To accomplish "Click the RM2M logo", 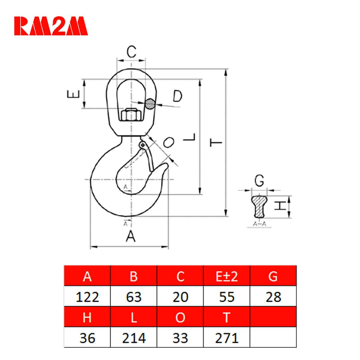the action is [51, 26].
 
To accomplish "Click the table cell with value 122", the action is [87, 297].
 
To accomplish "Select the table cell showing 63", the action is [133, 297].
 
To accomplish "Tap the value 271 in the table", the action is [226, 338].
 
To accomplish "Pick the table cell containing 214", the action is [133, 338].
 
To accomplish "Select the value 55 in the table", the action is [226, 297].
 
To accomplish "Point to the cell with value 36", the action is [87, 338].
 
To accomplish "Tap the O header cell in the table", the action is [180, 317].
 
